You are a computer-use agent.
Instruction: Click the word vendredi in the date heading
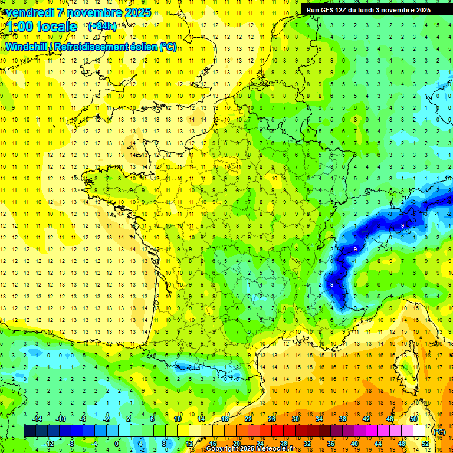(x=29, y=12)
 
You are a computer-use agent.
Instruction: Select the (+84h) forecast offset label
(x=102, y=27)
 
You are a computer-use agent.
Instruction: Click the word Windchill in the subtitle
(x=25, y=47)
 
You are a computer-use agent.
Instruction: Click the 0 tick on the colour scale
(x=116, y=444)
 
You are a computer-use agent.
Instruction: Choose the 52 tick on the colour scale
(x=425, y=444)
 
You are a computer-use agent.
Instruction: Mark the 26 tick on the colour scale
(x=271, y=419)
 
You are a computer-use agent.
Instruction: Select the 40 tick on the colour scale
(x=354, y=444)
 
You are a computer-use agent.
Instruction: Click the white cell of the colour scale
(x=419, y=431)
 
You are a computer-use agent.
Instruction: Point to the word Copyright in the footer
(x=222, y=449)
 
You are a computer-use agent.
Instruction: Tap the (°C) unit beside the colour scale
(x=439, y=431)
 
